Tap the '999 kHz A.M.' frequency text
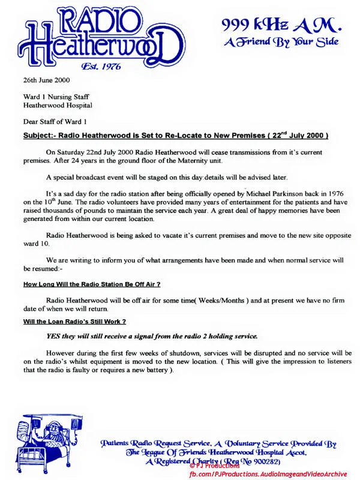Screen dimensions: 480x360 [281, 25]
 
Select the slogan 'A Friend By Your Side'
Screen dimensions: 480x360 [281, 42]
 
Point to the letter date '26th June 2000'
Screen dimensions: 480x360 [46, 80]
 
